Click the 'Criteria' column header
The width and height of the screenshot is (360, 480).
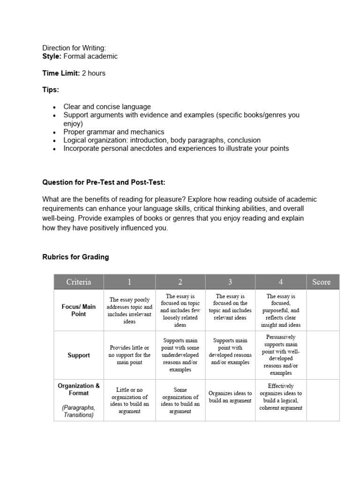pyautogui.click(x=78, y=282)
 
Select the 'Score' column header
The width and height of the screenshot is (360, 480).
pyautogui.click(x=321, y=282)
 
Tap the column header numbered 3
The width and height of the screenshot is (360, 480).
pyautogui.click(x=230, y=282)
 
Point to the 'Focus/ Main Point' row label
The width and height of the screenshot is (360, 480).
pyautogui.click(x=78, y=310)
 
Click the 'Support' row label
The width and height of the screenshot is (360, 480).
pyautogui.click(x=78, y=355)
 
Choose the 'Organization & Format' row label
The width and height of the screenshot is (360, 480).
pyautogui.click(x=78, y=390)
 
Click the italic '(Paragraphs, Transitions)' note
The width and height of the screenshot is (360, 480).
pyautogui.click(x=78, y=411)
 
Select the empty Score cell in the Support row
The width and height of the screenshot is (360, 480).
pyautogui.click(x=323, y=355)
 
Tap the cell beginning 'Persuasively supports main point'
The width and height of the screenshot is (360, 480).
pyautogui.click(x=280, y=355)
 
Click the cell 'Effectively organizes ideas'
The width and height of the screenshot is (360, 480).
pyautogui.click(x=280, y=397)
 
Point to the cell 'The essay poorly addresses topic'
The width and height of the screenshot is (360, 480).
pyautogui.click(x=130, y=310)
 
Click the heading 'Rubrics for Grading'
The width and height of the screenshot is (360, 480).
pyautogui.click(x=75, y=257)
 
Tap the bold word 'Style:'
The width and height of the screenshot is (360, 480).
pyautogui.click(x=52, y=56)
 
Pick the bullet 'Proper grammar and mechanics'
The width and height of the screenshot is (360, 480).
pyautogui.click(x=114, y=132)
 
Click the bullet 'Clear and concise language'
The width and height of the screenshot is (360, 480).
pyautogui.click(x=107, y=107)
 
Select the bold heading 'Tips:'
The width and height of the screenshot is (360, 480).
pyautogui.click(x=51, y=90)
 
